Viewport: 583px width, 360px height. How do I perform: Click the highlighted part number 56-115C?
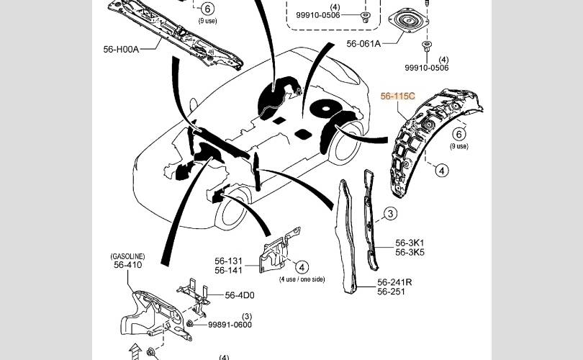[397, 96]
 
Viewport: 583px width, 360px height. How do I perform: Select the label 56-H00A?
[121, 49]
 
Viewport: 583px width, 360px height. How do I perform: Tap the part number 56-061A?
[363, 43]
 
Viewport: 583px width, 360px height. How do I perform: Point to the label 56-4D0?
[240, 295]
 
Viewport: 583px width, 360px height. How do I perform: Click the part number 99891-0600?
[230, 325]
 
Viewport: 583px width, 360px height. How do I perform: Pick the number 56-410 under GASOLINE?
[127, 265]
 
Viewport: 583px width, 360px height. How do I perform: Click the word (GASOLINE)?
[127, 256]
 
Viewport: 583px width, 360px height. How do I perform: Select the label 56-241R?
[394, 282]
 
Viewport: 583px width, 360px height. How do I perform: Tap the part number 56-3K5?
[410, 252]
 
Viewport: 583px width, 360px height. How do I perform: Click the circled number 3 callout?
[390, 213]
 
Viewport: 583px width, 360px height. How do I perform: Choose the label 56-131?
[228, 261]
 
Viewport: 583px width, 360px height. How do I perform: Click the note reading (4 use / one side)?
[302, 279]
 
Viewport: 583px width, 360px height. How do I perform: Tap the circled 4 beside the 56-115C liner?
[441, 171]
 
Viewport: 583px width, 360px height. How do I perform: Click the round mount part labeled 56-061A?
[407, 21]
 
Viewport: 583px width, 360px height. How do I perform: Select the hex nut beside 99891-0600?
[189, 324]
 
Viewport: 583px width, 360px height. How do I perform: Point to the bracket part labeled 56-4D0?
[194, 296]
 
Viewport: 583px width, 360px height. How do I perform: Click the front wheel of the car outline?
[231, 210]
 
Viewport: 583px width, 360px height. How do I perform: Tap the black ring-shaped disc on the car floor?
[326, 108]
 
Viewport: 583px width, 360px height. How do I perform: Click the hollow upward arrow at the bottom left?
[135, 352]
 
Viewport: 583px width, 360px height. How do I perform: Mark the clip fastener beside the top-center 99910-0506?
[366, 17]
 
